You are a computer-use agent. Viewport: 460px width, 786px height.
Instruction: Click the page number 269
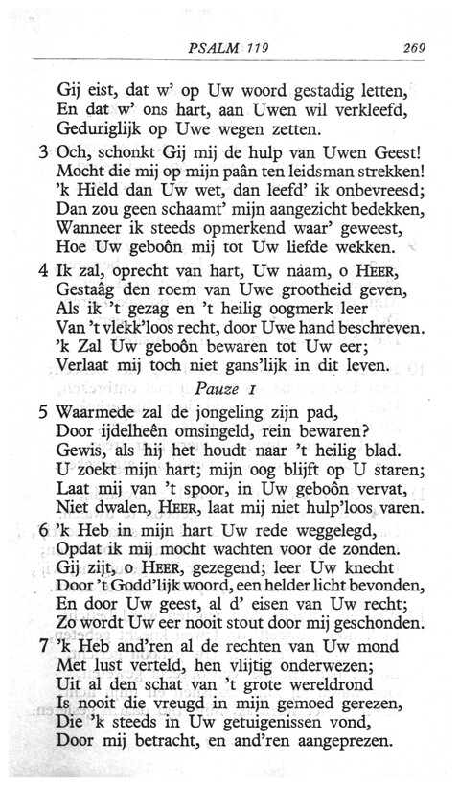point(414,47)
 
